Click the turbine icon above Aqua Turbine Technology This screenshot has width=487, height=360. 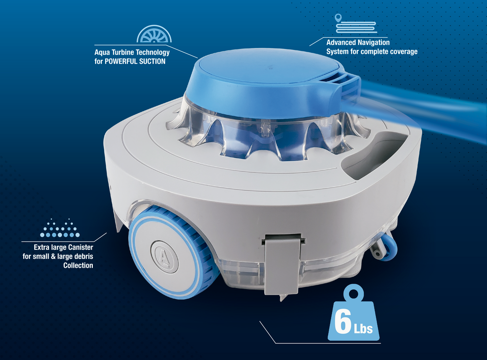154,34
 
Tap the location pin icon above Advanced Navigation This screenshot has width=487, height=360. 338,18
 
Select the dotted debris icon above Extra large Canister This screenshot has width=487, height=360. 59,229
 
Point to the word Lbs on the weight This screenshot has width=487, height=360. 363,329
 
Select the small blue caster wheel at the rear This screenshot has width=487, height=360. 387,248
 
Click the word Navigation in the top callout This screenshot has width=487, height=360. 373,42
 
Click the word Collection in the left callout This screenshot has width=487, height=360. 78,265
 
